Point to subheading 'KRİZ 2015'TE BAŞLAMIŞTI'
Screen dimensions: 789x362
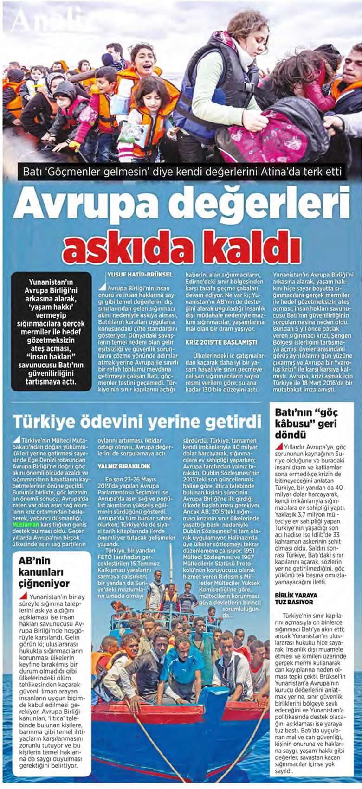click(214, 341)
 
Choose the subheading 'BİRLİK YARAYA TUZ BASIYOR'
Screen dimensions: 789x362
click(296, 598)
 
